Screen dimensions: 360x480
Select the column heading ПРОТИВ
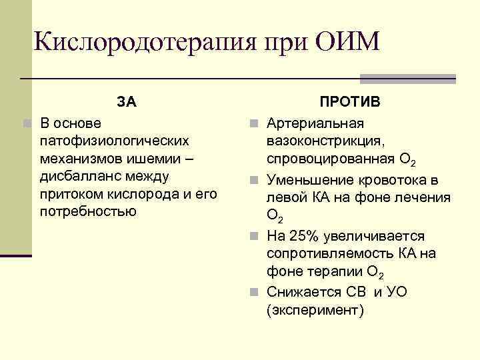coord(349,102)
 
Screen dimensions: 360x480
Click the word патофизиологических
coord(114,141)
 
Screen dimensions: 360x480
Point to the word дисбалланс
coord(77,177)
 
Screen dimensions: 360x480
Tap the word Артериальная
coord(315,124)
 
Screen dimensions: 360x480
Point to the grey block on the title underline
coord(407,79)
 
